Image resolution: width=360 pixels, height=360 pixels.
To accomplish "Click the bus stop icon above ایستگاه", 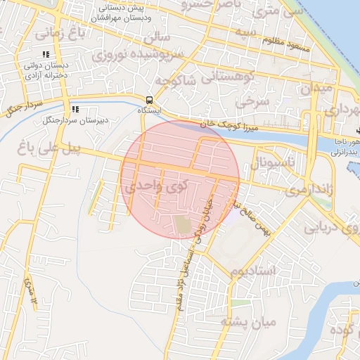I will tap(148, 100).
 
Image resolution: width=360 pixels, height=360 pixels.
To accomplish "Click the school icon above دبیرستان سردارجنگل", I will tap(75, 109).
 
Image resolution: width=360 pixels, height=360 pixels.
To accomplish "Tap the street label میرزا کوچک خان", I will tap(226, 123).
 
